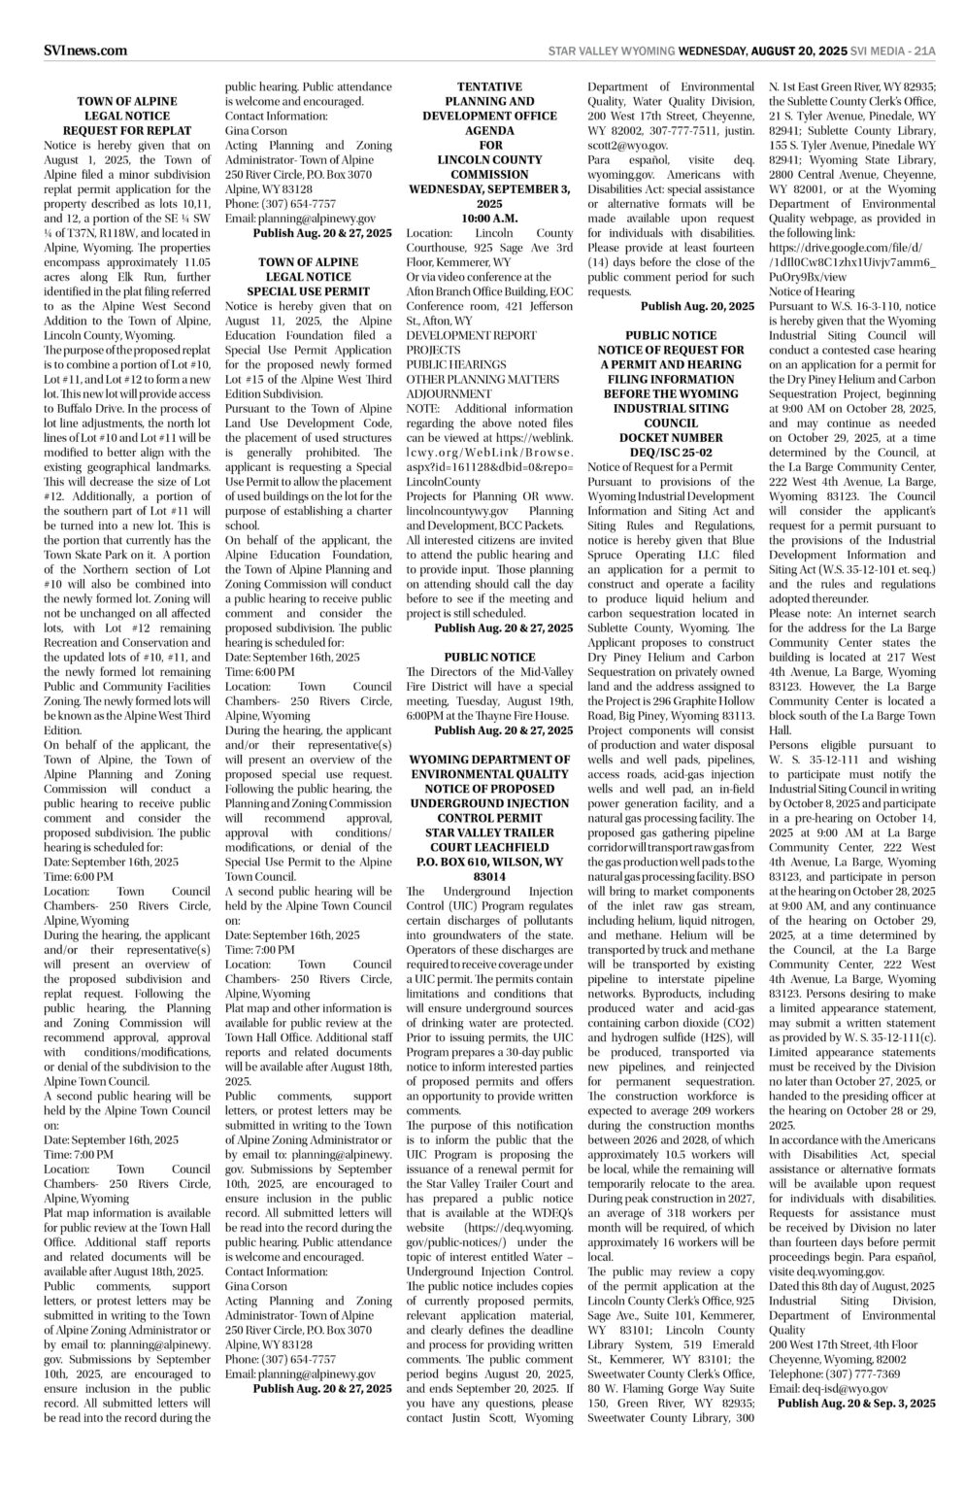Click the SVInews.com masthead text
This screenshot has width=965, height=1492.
click(85, 51)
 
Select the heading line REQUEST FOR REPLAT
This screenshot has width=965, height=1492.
click(127, 130)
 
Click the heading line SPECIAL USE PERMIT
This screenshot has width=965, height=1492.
click(308, 291)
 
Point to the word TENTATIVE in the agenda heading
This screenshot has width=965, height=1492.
click(489, 86)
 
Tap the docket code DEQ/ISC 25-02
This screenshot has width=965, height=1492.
click(671, 453)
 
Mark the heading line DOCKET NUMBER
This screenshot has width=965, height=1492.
click(671, 438)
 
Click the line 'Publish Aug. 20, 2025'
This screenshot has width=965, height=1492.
click(697, 306)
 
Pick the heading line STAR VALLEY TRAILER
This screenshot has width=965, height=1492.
click(489, 832)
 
